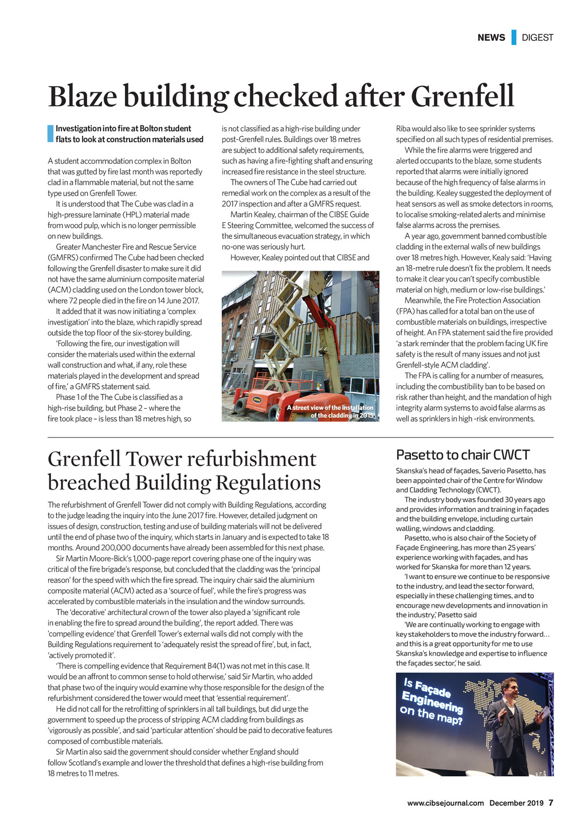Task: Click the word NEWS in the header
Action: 491,38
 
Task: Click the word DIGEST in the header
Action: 538,38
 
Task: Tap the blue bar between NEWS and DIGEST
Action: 514,37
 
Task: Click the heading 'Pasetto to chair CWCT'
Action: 463,455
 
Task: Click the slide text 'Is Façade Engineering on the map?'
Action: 433,700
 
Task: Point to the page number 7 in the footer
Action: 551,802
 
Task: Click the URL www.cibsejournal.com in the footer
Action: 445,803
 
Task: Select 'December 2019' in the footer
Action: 516,803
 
